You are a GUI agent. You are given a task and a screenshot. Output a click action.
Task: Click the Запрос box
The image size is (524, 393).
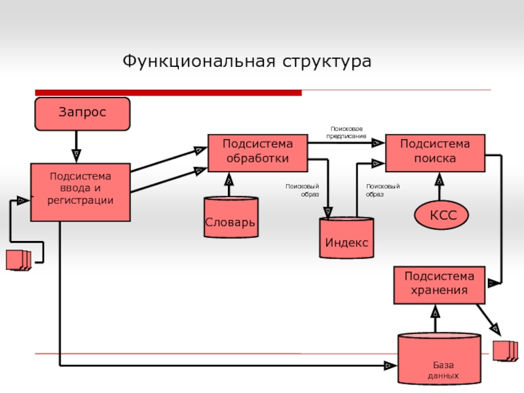82,113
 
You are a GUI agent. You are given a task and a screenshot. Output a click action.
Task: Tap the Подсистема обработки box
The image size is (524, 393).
257,152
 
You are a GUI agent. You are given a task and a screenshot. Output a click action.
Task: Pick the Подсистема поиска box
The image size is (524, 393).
435,152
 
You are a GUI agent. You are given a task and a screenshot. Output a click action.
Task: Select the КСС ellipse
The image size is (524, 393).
443,215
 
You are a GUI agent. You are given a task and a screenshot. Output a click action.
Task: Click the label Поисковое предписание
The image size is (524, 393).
346,133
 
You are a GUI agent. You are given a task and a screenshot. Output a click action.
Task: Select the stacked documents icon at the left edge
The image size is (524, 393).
18,260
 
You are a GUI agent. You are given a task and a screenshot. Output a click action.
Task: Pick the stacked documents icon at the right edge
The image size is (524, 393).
504,350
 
